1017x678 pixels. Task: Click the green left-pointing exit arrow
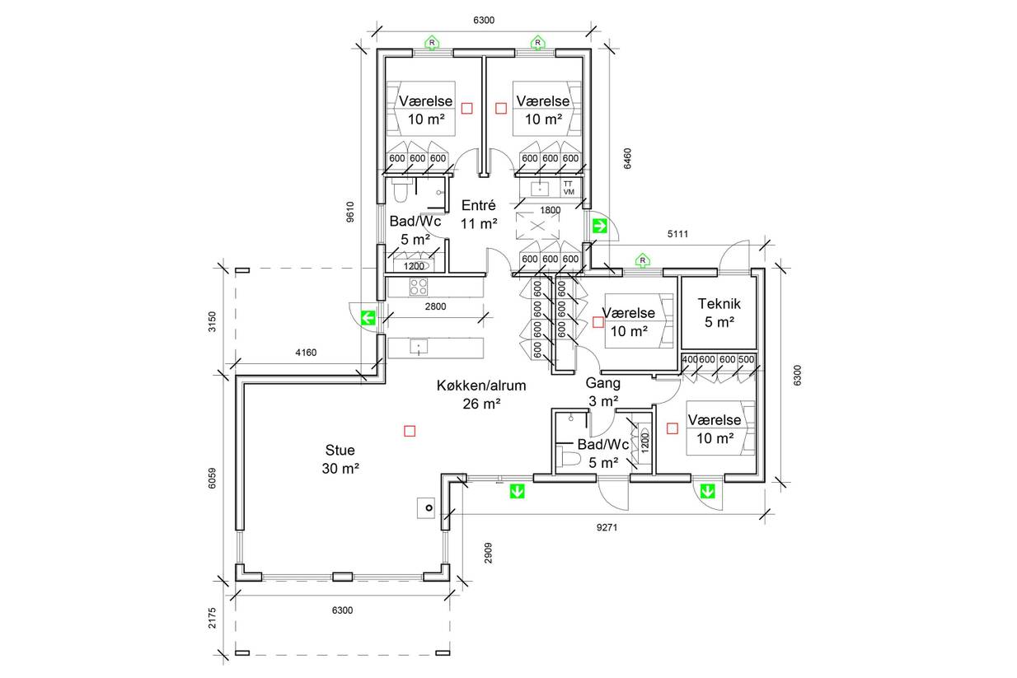coord(368,318)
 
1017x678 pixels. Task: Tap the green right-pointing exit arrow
coord(600,226)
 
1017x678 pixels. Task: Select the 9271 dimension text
coord(607,527)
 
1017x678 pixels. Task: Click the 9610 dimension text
coord(350,212)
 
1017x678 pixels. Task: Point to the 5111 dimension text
coord(677,234)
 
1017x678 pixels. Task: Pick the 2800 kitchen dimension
coord(435,306)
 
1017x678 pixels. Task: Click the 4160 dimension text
coord(306,352)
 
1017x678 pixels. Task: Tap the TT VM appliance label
coord(569,188)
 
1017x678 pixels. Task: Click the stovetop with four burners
coord(418,287)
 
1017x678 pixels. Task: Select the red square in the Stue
coord(410,431)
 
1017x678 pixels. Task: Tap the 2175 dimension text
coord(212,618)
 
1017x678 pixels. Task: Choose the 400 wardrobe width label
coord(690,359)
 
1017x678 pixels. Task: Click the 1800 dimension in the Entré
coord(551,210)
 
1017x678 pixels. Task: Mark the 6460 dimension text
coord(627,158)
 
